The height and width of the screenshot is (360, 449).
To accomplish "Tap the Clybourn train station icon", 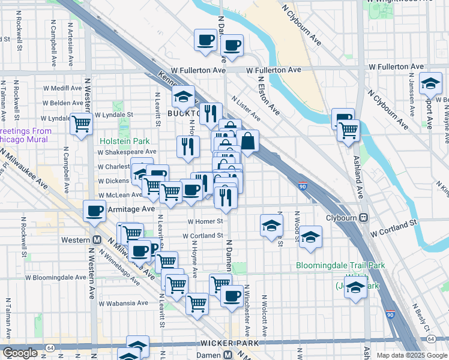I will pos(363,218).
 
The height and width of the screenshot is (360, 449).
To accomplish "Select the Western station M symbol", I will pos(95,240).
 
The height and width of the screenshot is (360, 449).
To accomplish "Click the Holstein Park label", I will pos(124,142).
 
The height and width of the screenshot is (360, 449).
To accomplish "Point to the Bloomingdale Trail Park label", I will pos(340,266).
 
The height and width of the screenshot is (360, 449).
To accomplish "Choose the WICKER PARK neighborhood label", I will pos(231,343).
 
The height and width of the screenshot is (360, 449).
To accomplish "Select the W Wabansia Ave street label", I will pos(123,304).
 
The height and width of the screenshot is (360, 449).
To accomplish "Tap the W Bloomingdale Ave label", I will pos(56,278).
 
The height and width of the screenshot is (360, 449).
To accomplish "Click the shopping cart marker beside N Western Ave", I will pos(81,124).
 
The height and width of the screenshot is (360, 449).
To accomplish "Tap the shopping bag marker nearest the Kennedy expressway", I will pos(247,141).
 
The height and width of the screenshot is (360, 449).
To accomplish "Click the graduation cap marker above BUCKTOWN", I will pos(184,97).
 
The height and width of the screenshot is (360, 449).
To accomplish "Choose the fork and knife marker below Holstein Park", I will pos(187,145).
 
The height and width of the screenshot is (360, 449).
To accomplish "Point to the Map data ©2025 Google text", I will pos(411,355).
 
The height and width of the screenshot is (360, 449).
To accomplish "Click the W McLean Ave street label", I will pos(120,195).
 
